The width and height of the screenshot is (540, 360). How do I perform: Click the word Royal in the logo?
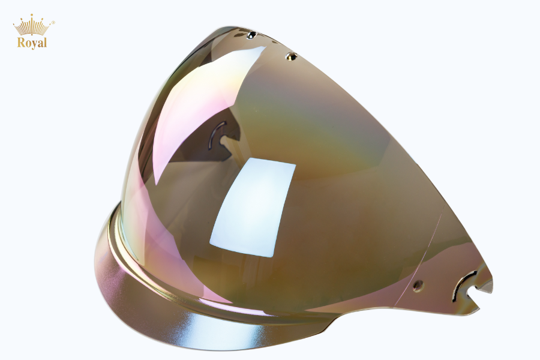(x=32, y=43)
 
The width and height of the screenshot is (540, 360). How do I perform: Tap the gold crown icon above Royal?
(x=32, y=25)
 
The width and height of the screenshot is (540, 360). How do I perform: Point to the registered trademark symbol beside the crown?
(x=53, y=23)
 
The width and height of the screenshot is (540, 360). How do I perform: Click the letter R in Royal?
(x=21, y=43)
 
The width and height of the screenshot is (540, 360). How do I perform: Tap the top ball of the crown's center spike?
(x=32, y=15)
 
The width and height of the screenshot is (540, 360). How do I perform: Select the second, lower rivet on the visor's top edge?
(x=292, y=56)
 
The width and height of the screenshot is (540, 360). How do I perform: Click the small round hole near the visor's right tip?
(x=418, y=285)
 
